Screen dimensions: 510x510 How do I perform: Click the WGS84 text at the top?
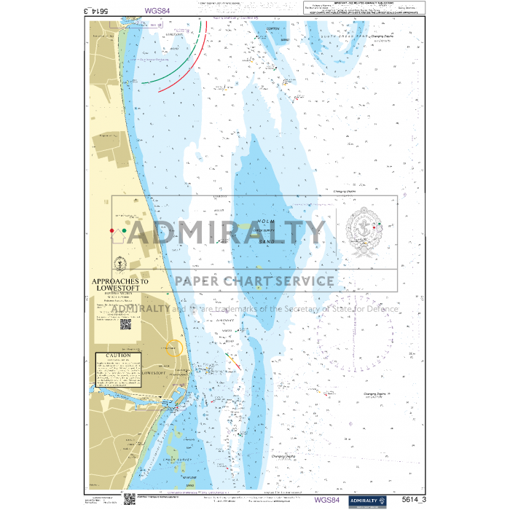[157, 11]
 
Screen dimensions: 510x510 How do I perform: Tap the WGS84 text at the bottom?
[326, 500]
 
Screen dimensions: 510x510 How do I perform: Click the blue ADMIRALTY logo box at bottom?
[369, 500]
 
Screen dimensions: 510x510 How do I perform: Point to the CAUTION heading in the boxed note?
[118, 356]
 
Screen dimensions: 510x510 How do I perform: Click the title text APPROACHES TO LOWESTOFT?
[119, 284]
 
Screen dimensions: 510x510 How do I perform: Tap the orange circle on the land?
[173, 349]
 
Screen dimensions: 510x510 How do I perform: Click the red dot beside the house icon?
[111, 231]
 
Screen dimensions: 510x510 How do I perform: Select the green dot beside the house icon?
[125, 231]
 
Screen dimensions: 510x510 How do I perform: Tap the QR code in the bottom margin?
[130, 499]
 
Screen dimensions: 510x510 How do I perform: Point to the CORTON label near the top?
[272, 29]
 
